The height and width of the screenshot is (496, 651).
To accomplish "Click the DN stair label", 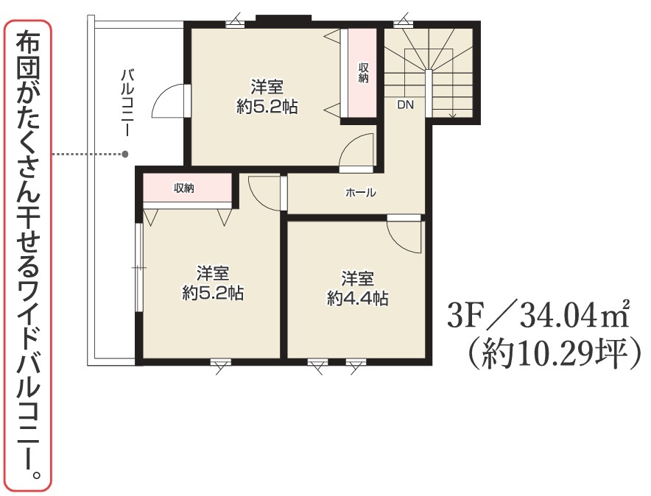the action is [x=405, y=104].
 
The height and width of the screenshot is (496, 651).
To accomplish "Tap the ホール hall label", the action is [x=360, y=192].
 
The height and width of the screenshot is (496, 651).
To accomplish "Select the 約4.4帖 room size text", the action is [x=357, y=298].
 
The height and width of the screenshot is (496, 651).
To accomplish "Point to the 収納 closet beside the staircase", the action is [x=362, y=73].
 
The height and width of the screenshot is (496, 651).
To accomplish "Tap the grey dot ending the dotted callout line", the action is [x=125, y=155].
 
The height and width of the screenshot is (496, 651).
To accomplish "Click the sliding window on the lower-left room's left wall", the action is [x=139, y=267].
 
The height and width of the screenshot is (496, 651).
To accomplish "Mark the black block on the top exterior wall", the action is [x=283, y=18].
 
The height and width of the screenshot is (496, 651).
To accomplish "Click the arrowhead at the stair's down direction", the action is [x=452, y=115].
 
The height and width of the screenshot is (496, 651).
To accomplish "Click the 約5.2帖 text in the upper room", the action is [x=267, y=107].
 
